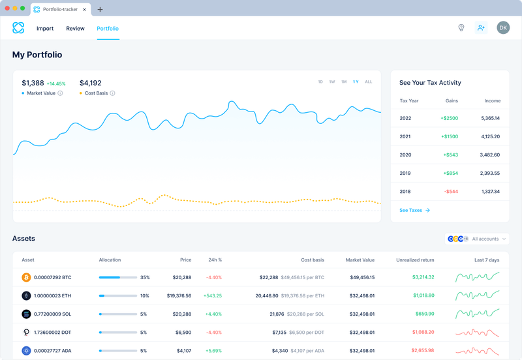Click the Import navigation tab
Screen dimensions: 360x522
tap(45, 29)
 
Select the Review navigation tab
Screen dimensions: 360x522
tap(75, 29)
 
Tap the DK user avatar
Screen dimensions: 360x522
tap(502, 27)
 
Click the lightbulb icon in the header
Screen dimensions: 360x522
tap(461, 28)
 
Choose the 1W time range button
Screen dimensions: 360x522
tap(332, 82)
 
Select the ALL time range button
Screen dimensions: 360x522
tap(369, 82)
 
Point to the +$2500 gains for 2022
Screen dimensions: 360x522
tap(449, 118)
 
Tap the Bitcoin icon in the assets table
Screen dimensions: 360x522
tap(27, 277)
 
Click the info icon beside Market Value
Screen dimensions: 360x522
tap(60, 93)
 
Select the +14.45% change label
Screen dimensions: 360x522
tap(56, 84)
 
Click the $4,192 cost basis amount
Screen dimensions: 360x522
tap(90, 83)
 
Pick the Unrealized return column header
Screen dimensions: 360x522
tap(415, 260)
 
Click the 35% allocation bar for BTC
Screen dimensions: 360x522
tap(117, 277)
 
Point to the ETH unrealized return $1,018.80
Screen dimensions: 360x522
tap(423, 295)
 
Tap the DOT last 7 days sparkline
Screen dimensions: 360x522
tap(477, 332)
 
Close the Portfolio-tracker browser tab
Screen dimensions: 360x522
tap(85, 10)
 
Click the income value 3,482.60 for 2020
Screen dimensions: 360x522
tap(489, 155)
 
